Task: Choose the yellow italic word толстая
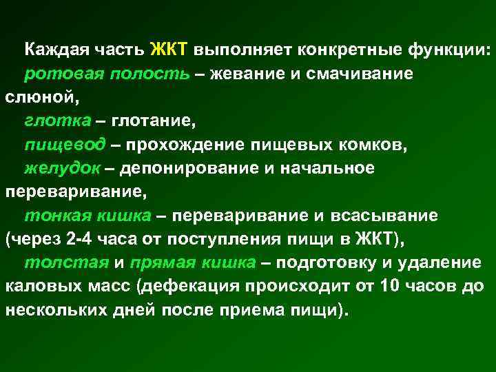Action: [x=66, y=263]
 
